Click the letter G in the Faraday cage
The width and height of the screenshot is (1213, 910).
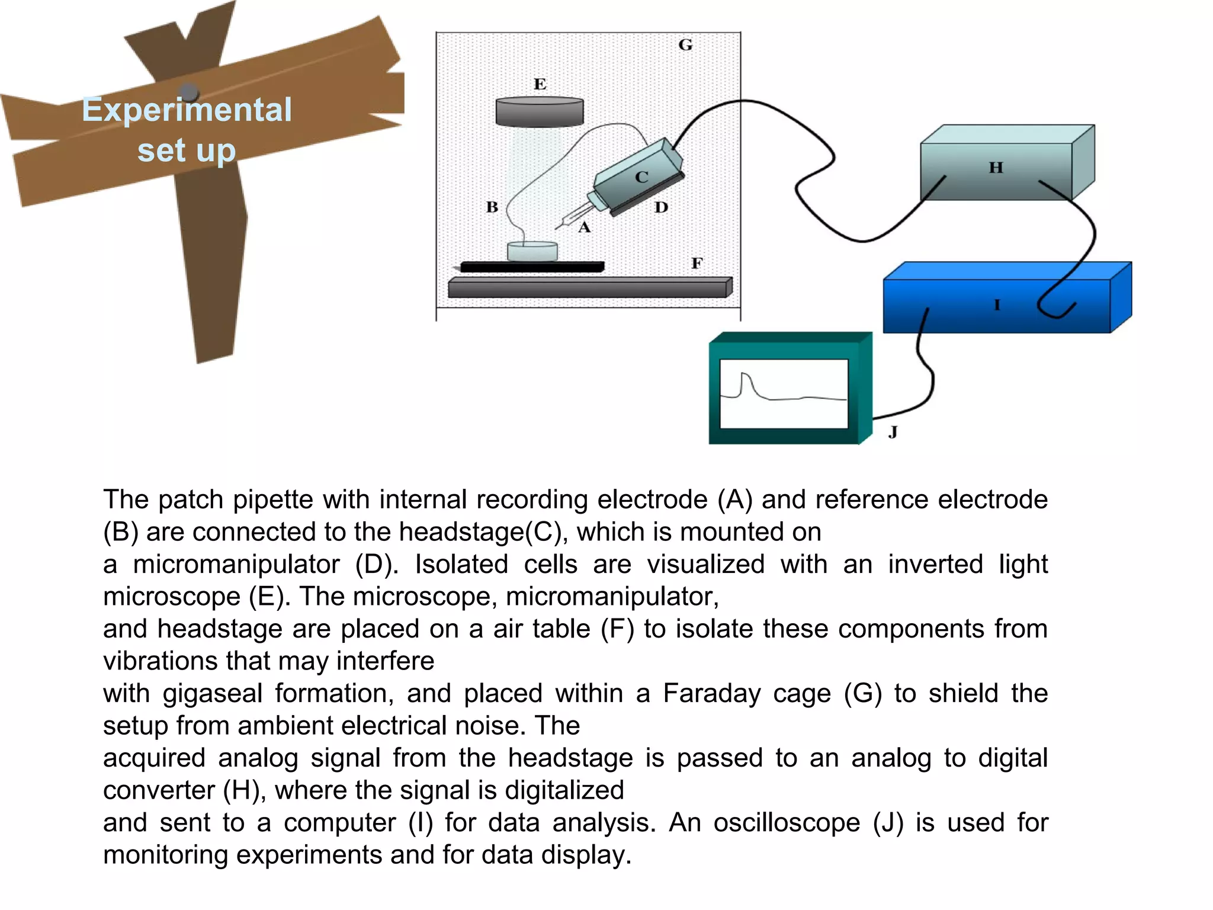tap(685, 45)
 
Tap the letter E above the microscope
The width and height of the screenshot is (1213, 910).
tap(540, 84)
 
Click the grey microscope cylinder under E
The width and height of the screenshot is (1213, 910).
tap(540, 112)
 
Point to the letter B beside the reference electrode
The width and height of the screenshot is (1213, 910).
tap(492, 207)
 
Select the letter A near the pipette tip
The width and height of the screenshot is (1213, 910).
tap(585, 227)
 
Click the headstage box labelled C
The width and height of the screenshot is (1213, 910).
tap(640, 177)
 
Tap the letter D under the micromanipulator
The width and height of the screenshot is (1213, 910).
tap(661, 207)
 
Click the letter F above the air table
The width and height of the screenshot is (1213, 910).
tap(697, 263)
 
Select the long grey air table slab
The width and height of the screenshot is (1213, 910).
tap(589, 288)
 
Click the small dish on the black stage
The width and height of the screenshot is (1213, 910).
tap(532, 251)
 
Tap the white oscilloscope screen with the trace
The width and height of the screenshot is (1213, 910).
tap(784, 393)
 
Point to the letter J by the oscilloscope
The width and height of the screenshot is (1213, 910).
tap(893, 432)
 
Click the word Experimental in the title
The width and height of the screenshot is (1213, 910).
tap(187, 110)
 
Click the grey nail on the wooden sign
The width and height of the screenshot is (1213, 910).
tap(189, 92)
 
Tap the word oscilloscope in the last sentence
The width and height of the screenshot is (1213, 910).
tap(787, 822)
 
